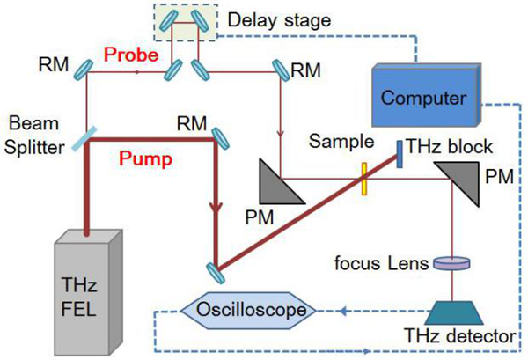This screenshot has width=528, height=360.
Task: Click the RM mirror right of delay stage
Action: (281, 67)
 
